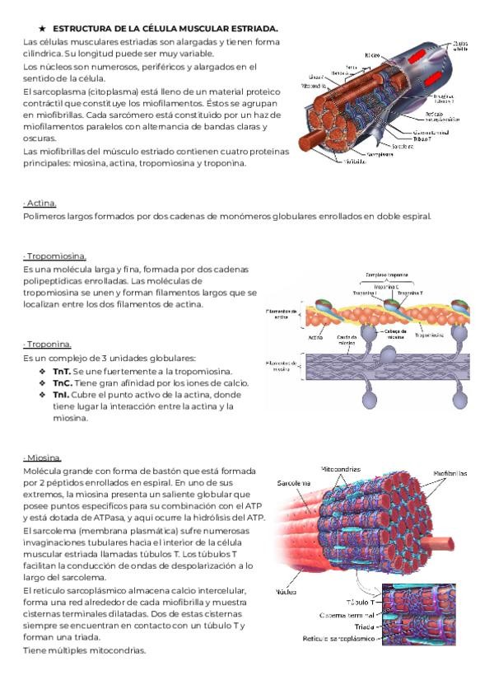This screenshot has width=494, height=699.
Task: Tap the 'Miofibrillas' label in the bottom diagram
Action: coord(450,474)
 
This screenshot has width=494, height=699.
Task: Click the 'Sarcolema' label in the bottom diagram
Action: coord(294,483)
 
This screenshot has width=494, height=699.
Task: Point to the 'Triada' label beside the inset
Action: coord(364,626)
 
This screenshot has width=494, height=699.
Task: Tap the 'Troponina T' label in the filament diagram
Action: coord(411,292)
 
